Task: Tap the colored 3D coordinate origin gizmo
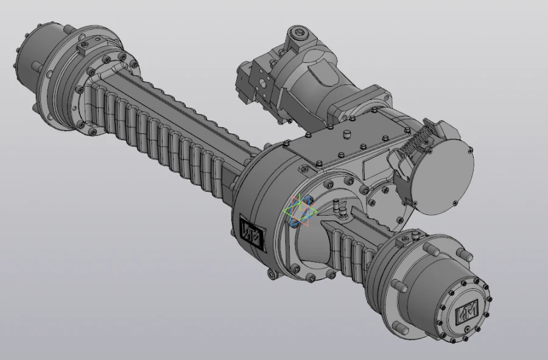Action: (299, 211)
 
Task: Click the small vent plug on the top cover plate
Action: (348, 133)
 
